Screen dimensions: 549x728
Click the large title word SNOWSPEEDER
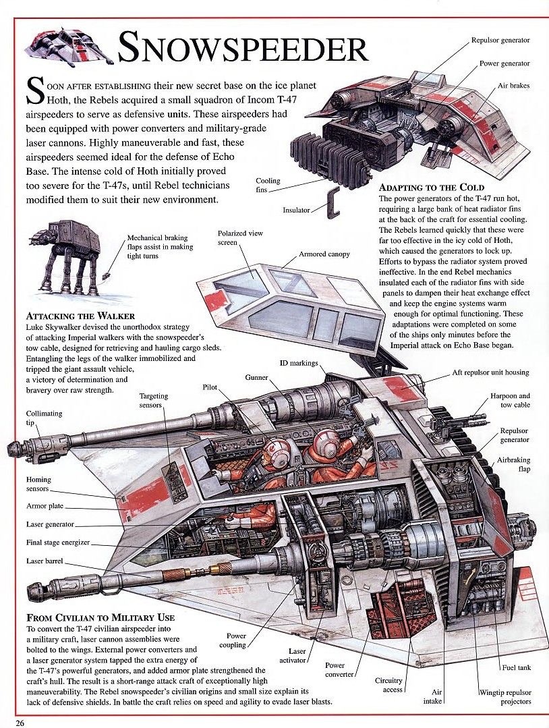tap(243, 48)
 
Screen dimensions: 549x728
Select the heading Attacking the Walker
tap(81, 316)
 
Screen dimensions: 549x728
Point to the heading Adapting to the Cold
tap(432, 188)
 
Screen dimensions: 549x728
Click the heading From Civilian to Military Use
tap(100, 617)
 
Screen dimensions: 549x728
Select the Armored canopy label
tap(324, 254)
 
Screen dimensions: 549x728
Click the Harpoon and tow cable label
tap(510, 400)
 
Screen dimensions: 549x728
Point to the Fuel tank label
tap(516, 668)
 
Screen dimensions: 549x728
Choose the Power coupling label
tap(233, 640)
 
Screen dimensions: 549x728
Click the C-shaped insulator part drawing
tap(333, 203)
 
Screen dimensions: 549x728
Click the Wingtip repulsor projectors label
tap(505, 698)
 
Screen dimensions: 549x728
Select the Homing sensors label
tap(38, 484)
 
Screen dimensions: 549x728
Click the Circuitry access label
tap(388, 685)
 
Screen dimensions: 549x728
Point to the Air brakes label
tap(513, 86)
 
